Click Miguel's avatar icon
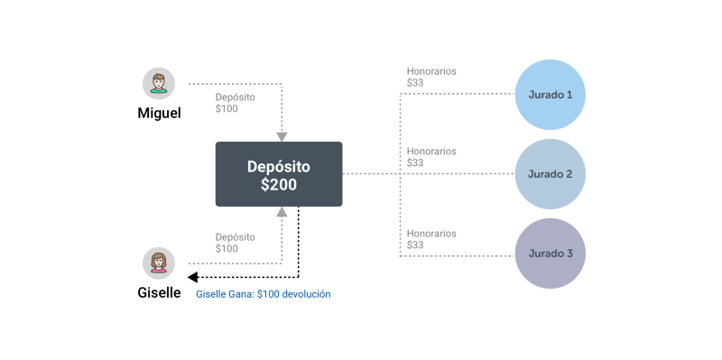159,84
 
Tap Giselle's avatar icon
159,263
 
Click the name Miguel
160,114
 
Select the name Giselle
159,292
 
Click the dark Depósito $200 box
279,174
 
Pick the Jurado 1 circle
550,95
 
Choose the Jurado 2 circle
550,174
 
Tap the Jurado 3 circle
550,254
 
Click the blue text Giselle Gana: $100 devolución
264,294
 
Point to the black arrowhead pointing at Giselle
193,277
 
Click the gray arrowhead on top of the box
282,137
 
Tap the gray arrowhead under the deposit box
282,212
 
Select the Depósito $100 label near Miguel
236,103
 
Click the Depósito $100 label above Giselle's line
236,243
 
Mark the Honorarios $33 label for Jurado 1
431,77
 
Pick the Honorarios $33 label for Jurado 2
431,156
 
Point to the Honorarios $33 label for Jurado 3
431,239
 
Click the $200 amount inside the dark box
279,185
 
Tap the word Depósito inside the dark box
279,167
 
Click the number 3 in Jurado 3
569,254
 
